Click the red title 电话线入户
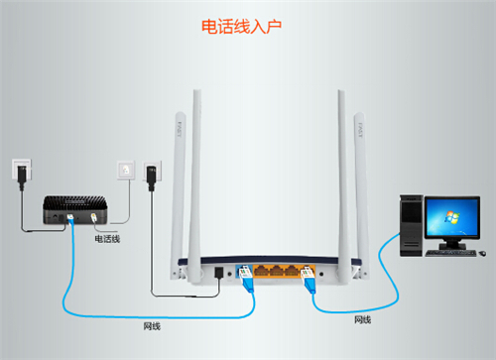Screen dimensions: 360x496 pos(242,25)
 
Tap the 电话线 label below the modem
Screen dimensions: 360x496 pos(106,238)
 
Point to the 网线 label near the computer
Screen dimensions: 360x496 pos(363,319)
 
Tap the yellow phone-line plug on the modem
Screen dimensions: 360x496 pos(95,220)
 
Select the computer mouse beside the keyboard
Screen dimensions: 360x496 pos(480,251)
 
